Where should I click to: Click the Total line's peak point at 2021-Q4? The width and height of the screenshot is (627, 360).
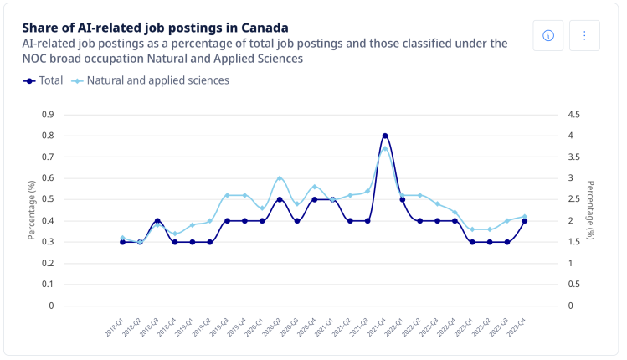click(385, 136)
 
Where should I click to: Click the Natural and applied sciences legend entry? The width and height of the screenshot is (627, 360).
click(151, 80)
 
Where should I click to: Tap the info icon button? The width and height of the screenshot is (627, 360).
click(548, 35)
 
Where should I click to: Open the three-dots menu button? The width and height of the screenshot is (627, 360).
click(584, 35)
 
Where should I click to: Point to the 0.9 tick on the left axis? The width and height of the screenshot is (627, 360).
click(48, 114)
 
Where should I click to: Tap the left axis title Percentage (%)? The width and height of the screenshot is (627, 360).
click(31, 210)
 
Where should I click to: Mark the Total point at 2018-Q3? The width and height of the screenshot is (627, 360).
click(157, 221)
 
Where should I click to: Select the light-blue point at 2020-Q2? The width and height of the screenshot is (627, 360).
click(280, 178)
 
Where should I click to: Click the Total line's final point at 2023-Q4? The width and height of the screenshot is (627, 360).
click(525, 221)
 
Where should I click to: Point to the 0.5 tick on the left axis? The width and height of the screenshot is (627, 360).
click(48, 199)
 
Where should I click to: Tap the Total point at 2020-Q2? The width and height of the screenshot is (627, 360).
click(280, 199)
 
